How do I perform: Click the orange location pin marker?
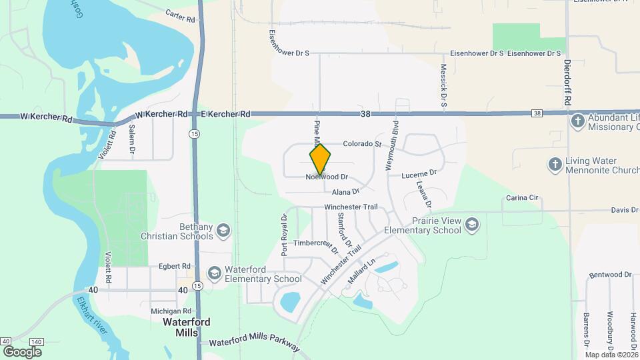point(320,159)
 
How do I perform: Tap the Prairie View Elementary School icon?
point(472,223)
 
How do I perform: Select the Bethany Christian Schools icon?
point(223,231)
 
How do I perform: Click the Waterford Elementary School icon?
point(214,273)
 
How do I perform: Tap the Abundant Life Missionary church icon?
point(577,121)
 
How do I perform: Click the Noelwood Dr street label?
point(327,177)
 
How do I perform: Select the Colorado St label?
point(361,143)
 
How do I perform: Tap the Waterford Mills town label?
point(187,327)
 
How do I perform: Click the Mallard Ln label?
point(363,273)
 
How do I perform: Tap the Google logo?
point(22,351)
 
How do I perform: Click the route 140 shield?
point(37,341)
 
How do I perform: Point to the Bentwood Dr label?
point(609,274)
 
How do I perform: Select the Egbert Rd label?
point(175,266)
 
